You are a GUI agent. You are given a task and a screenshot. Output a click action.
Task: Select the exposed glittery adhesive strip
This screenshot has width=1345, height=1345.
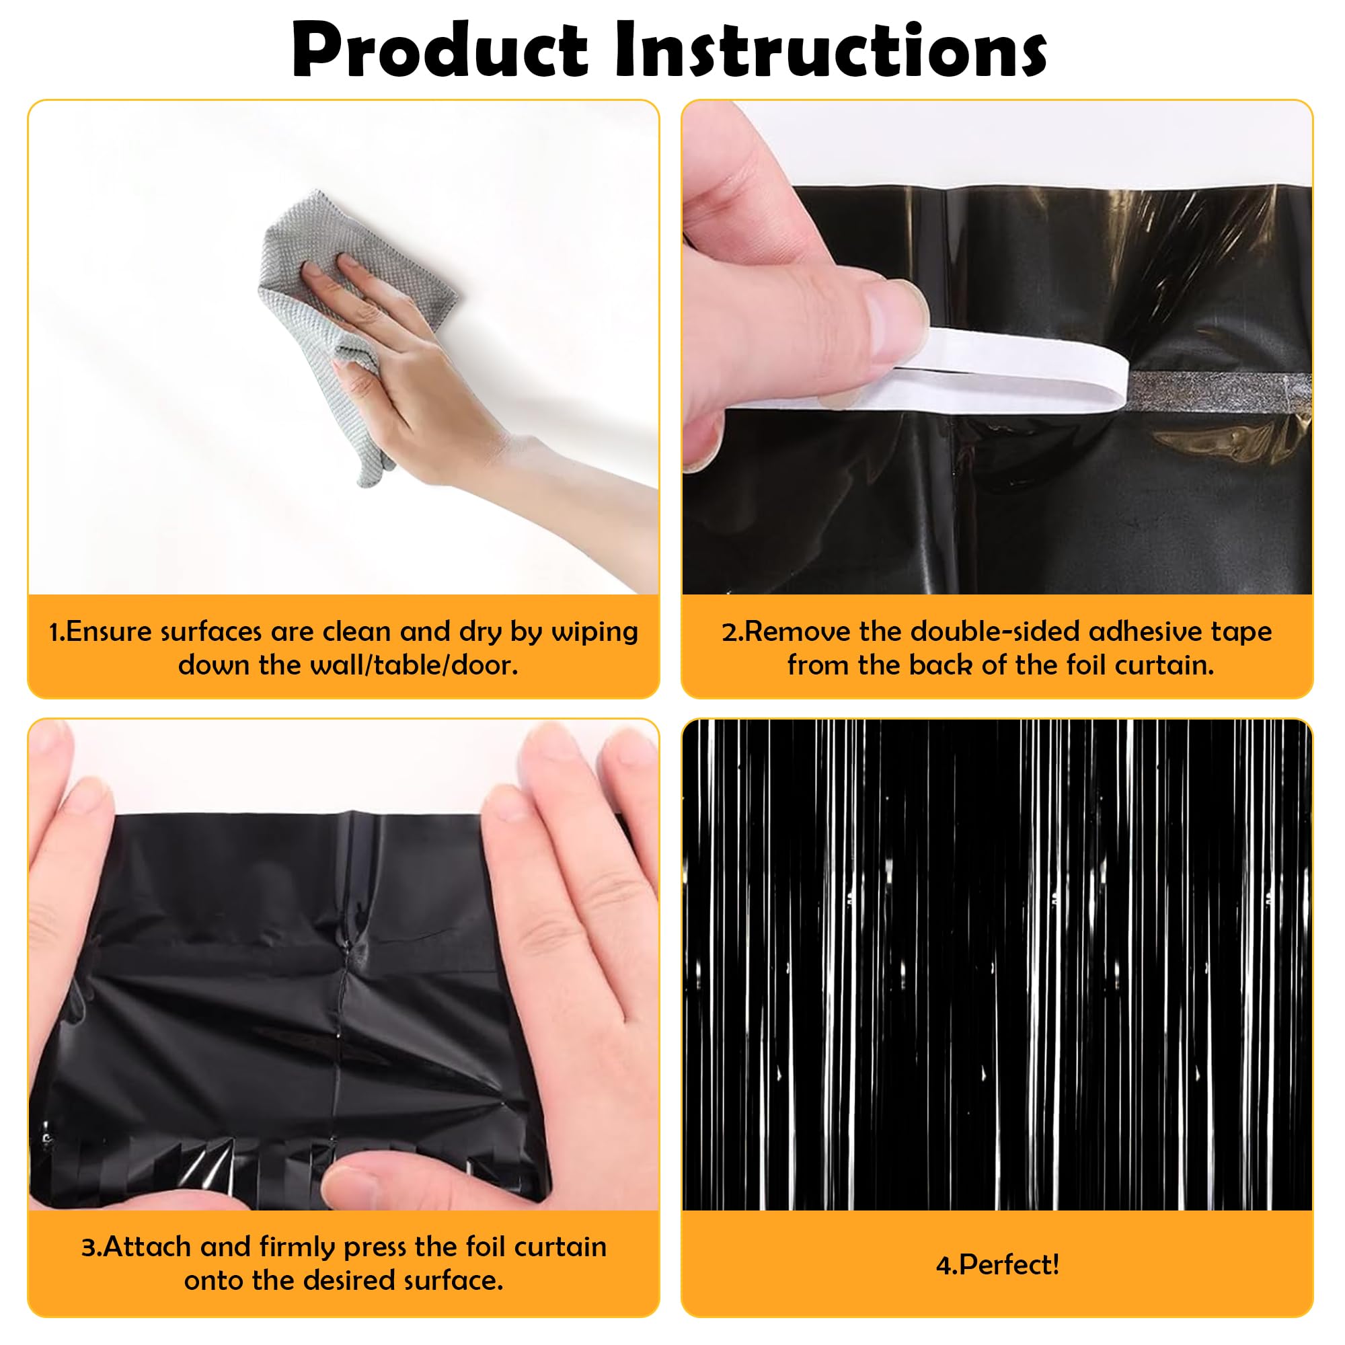(1219, 392)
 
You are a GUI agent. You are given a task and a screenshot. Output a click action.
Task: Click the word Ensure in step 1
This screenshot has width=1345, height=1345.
(108, 632)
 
